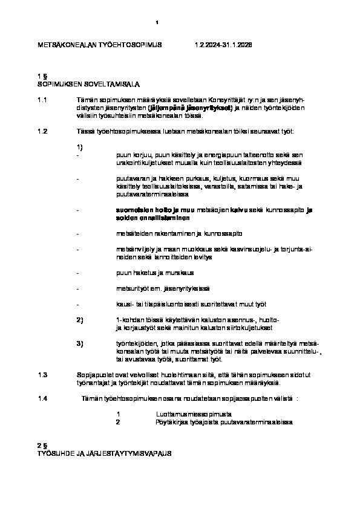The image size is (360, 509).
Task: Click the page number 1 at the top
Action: (x=157, y=23)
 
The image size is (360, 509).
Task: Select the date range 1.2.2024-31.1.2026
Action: (x=223, y=45)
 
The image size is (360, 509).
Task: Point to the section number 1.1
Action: (x=42, y=99)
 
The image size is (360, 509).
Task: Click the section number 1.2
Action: (x=42, y=131)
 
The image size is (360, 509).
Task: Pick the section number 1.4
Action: (x=42, y=399)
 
